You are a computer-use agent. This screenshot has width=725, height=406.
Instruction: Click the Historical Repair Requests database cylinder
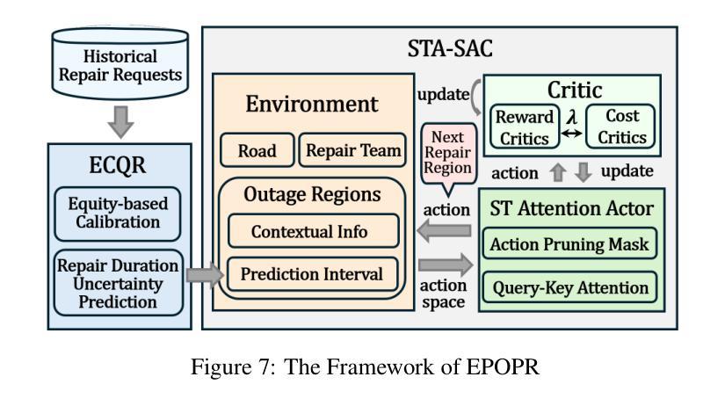tap(120, 63)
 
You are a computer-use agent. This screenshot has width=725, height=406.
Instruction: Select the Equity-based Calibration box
tap(118, 214)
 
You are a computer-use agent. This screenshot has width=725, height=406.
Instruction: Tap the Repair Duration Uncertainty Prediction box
tap(119, 283)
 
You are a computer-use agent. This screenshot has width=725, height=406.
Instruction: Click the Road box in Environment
tap(257, 150)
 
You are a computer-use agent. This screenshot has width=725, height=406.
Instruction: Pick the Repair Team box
tap(352, 150)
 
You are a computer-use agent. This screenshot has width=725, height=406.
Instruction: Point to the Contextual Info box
tap(314, 231)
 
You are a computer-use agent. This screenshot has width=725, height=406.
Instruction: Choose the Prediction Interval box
tap(313, 274)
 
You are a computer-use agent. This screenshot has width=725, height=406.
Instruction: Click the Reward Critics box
tap(525, 127)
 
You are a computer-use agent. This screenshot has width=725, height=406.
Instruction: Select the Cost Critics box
tap(621, 127)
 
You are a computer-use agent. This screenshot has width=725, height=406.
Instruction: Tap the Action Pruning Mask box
tap(569, 243)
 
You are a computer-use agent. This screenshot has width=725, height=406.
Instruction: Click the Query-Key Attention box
tap(569, 287)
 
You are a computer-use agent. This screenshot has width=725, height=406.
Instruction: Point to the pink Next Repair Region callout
tap(448, 155)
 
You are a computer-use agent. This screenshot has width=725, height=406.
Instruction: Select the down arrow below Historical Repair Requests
tap(120, 122)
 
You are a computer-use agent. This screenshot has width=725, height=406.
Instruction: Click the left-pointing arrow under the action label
tap(444, 230)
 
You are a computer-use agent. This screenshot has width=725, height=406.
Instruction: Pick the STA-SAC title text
tap(450, 48)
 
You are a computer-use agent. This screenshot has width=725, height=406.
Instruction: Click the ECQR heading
tap(118, 165)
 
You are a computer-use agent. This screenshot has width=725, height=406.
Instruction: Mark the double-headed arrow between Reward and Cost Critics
tap(572, 134)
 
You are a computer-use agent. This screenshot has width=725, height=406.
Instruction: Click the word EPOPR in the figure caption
tap(503, 367)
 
